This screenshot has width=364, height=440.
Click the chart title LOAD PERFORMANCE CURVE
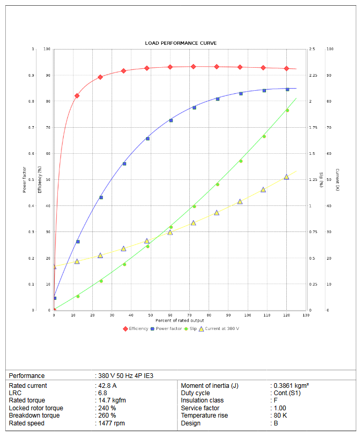(180, 43)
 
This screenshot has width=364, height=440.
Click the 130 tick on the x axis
(306, 315)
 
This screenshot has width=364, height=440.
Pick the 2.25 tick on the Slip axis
(312, 75)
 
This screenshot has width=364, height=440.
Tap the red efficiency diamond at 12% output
(77, 96)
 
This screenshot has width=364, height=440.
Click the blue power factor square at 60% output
(171, 120)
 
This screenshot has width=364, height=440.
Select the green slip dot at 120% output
(287, 110)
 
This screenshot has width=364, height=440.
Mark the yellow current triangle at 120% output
(286, 177)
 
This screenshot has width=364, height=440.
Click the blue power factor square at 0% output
(55, 298)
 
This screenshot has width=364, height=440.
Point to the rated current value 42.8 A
(107, 386)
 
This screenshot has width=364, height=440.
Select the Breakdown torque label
(34, 415)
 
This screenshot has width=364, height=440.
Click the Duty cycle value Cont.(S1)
(287, 393)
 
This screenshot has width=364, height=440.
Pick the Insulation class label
(202, 400)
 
